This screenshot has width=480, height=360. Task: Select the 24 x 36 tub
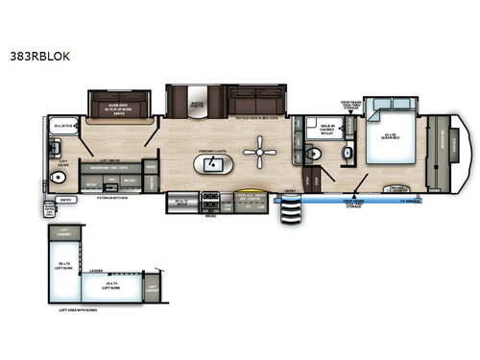pos(64,124)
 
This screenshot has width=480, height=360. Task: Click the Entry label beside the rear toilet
pos(65,200)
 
